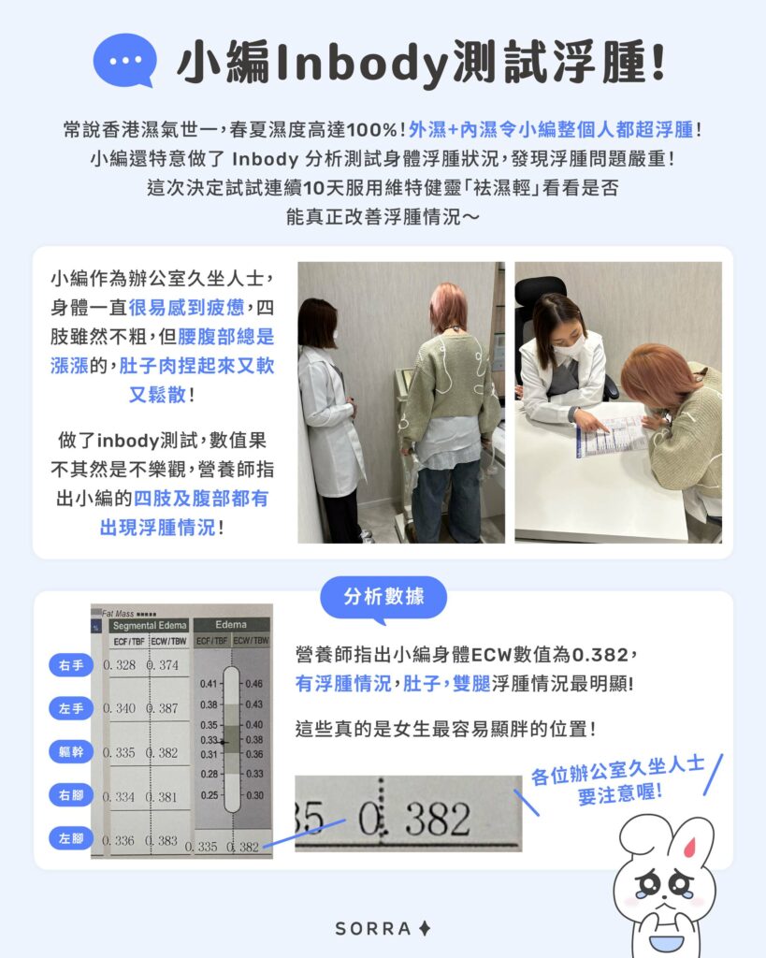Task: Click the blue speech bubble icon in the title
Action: pyautogui.click(x=124, y=59)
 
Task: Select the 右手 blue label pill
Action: pyautogui.click(x=71, y=666)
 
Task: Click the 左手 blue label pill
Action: pyautogui.click(x=71, y=709)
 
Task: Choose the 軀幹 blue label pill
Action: pyautogui.click(x=71, y=752)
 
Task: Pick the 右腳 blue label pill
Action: pyautogui.click(x=71, y=795)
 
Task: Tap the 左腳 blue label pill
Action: pyautogui.click(x=71, y=838)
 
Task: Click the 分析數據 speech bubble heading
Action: pyautogui.click(x=383, y=597)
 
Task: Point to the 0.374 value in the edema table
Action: pyautogui.click(x=163, y=665)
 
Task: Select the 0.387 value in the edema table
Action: pyautogui.click(x=163, y=708)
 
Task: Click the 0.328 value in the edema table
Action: pyautogui.click(x=120, y=665)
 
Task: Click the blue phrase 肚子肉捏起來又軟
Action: pyautogui.click(x=196, y=367)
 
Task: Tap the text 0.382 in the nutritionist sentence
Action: pyautogui.click(x=603, y=655)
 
